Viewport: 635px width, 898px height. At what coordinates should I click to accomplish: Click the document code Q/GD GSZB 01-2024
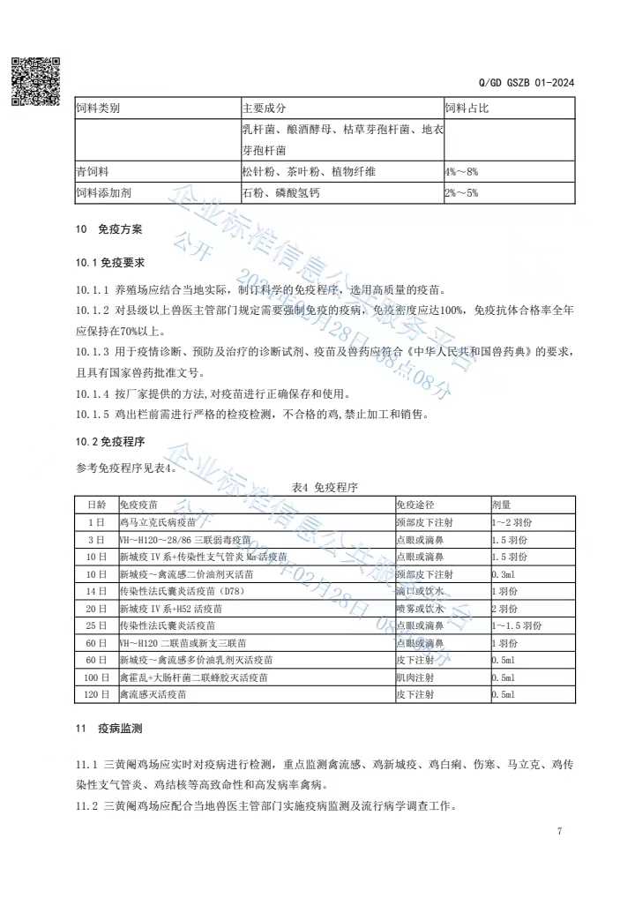(527, 83)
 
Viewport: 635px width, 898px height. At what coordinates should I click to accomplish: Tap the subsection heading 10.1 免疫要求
(110, 263)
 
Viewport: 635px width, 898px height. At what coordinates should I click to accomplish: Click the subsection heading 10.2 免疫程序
(110, 441)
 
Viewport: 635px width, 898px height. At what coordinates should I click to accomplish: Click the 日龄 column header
(95, 504)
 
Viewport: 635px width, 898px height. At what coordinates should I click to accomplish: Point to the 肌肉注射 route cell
(415, 677)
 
